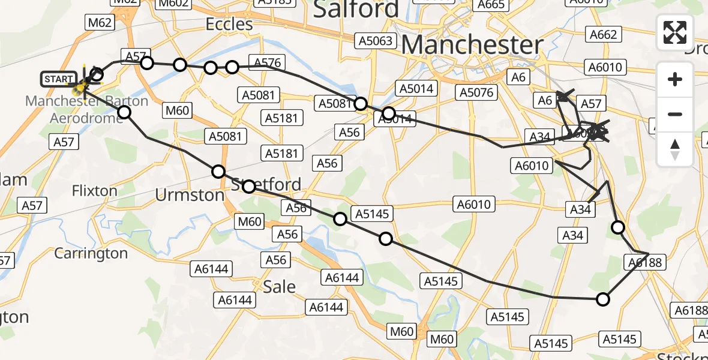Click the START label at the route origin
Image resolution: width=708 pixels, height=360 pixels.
[x=58, y=79]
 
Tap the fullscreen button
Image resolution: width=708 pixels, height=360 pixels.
[x=675, y=32]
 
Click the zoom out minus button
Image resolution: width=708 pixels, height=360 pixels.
[x=675, y=114]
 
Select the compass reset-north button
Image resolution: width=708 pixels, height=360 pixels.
[x=675, y=149]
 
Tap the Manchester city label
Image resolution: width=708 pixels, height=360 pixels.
[x=472, y=45]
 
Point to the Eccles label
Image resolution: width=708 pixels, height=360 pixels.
[x=229, y=24]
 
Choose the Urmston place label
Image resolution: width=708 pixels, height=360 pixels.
[x=189, y=195]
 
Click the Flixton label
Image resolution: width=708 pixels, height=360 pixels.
[x=94, y=191]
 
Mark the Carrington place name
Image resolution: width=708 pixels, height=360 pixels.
[x=91, y=253]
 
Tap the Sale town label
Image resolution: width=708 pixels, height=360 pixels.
[x=280, y=286]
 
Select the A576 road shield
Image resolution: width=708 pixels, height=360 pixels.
[x=268, y=63]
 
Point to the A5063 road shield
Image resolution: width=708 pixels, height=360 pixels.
[x=376, y=41]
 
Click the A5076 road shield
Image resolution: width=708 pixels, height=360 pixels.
[x=477, y=92]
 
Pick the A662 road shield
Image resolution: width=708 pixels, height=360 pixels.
[x=603, y=35]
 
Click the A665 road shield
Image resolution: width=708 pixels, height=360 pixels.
[x=490, y=4]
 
